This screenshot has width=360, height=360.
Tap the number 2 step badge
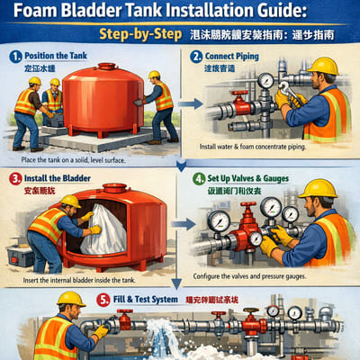click(199, 55)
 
